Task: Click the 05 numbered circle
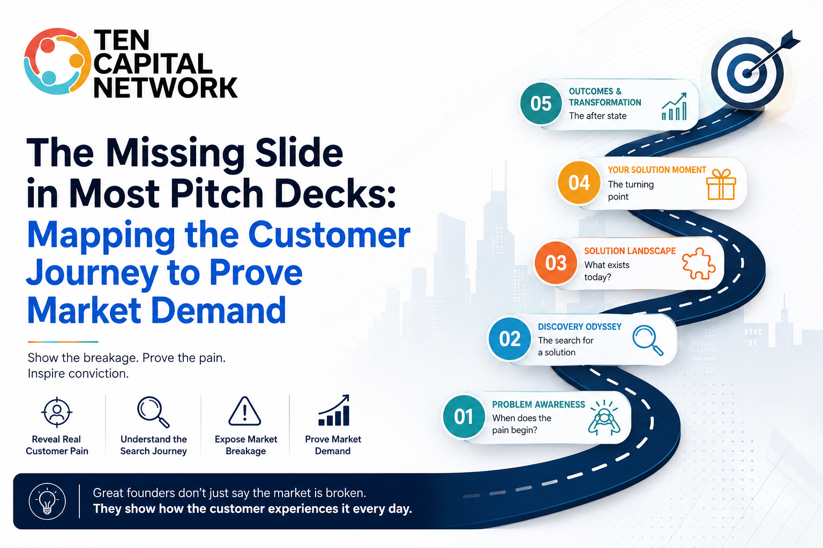tap(541, 103)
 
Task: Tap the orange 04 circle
tap(579, 182)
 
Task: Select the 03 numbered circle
tap(556, 263)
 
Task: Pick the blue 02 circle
tap(510, 338)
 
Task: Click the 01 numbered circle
tap(463, 416)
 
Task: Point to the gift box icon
tap(721, 184)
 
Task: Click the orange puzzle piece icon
tap(699, 263)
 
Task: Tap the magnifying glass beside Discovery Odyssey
tap(648, 340)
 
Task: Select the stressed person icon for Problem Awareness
tap(604, 418)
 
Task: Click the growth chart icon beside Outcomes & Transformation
tap(674, 106)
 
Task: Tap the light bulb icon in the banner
tap(47, 501)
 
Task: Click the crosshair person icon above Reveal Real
tap(57, 412)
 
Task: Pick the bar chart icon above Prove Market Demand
tap(334, 410)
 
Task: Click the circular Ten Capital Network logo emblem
tap(57, 62)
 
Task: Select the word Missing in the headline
tap(176, 154)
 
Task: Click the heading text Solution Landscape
tap(630, 251)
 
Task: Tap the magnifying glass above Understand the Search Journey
tap(153, 412)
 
